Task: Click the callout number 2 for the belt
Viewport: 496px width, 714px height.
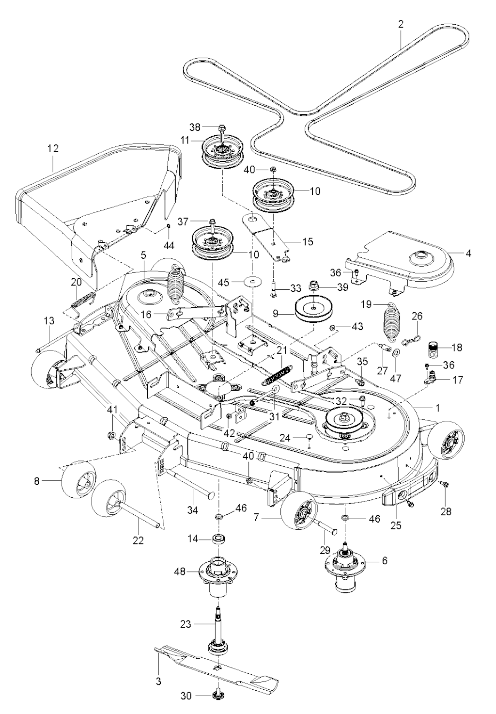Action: pos(401,24)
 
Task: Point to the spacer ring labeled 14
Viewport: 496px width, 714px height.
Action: pos(218,539)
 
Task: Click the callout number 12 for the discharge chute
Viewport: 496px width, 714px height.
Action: pos(53,148)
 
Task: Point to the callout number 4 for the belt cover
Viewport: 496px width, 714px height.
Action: pos(468,254)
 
